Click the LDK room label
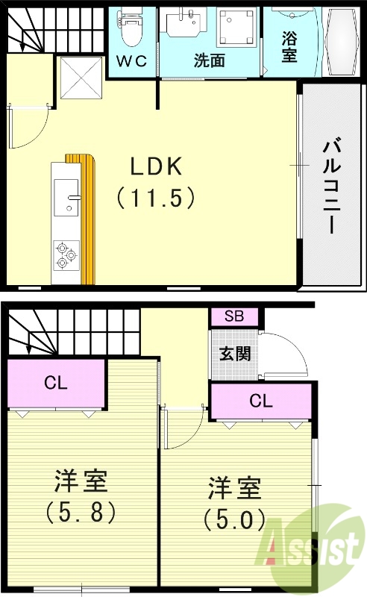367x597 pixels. pyautogui.click(x=157, y=168)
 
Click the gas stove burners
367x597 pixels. pyautogui.click(x=65, y=254)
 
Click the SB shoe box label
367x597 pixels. pyautogui.click(x=233, y=316)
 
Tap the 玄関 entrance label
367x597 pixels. pyautogui.click(x=234, y=354)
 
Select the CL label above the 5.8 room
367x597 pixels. pyautogui.click(x=55, y=384)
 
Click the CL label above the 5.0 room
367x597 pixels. pyautogui.click(x=260, y=401)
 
